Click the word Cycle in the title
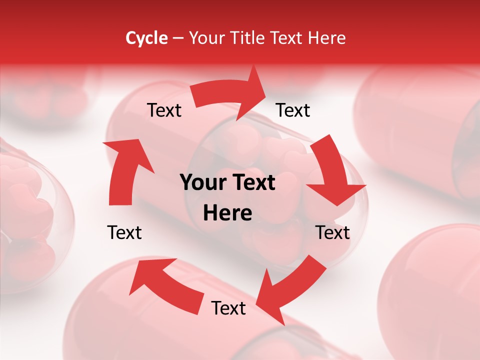click(146, 38)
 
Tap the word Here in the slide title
click(326, 38)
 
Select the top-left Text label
click(164, 110)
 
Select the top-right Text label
click(293, 110)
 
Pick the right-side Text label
click(332, 232)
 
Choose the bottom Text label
click(228, 308)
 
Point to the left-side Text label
click(124, 232)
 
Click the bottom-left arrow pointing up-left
click(165, 285)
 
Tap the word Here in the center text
click(227, 213)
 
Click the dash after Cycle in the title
click(178, 38)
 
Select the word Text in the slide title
click(286, 38)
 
